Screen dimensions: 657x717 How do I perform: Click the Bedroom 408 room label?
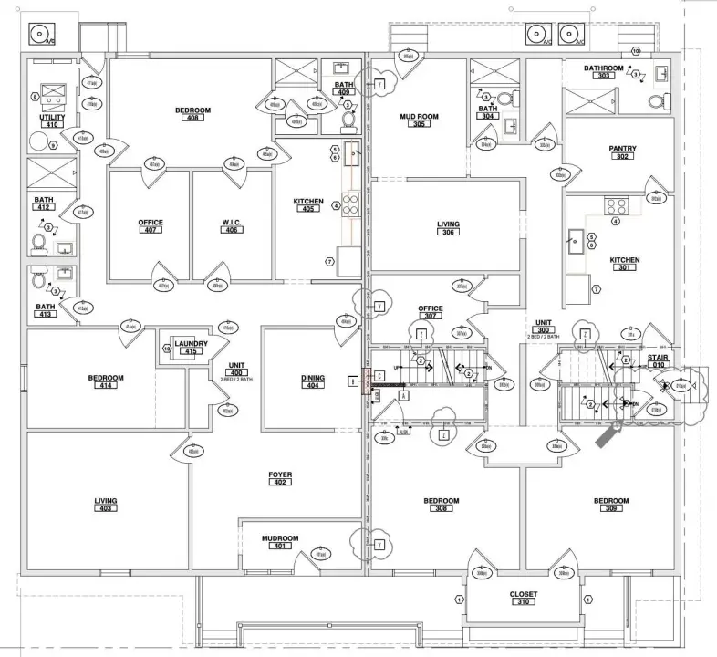(192, 114)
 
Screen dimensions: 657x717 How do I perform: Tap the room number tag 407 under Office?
(151, 230)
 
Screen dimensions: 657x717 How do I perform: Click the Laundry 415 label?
(192, 348)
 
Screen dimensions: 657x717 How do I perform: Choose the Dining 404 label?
(314, 381)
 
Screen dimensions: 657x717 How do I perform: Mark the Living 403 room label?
(106, 505)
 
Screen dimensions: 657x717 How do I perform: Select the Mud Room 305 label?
(420, 120)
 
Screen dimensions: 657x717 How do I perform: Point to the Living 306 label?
(448, 228)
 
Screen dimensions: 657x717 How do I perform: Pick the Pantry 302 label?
(622, 152)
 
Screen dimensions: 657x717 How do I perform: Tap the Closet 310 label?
(524, 598)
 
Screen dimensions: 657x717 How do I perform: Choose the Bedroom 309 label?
(611, 505)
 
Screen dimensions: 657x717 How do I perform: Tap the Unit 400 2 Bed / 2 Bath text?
(236, 374)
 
